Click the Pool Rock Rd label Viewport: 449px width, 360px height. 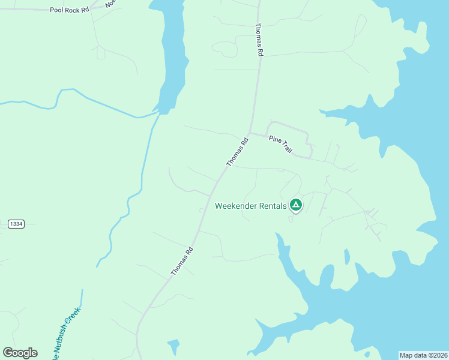[x=69, y=10]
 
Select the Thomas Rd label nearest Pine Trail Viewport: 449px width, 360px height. [x=237, y=153]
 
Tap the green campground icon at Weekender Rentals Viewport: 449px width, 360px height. [x=295, y=205]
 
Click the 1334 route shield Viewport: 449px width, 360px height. [x=16, y=224]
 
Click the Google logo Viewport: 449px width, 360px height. [x=20, y=353]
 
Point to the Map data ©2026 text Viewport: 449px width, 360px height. [x=423, y=355]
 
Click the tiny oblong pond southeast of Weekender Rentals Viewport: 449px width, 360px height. [x=346, y=257]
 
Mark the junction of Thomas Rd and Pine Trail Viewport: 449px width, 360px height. [x=250, y=133]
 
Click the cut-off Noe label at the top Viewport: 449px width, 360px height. [x=110, y=4]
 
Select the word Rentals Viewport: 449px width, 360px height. [x=273, y=206]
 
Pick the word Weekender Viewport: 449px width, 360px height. [x=236, y=206]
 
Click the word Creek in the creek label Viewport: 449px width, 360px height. [x=72, y=319]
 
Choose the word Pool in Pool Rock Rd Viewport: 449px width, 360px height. [x=56, y=10]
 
